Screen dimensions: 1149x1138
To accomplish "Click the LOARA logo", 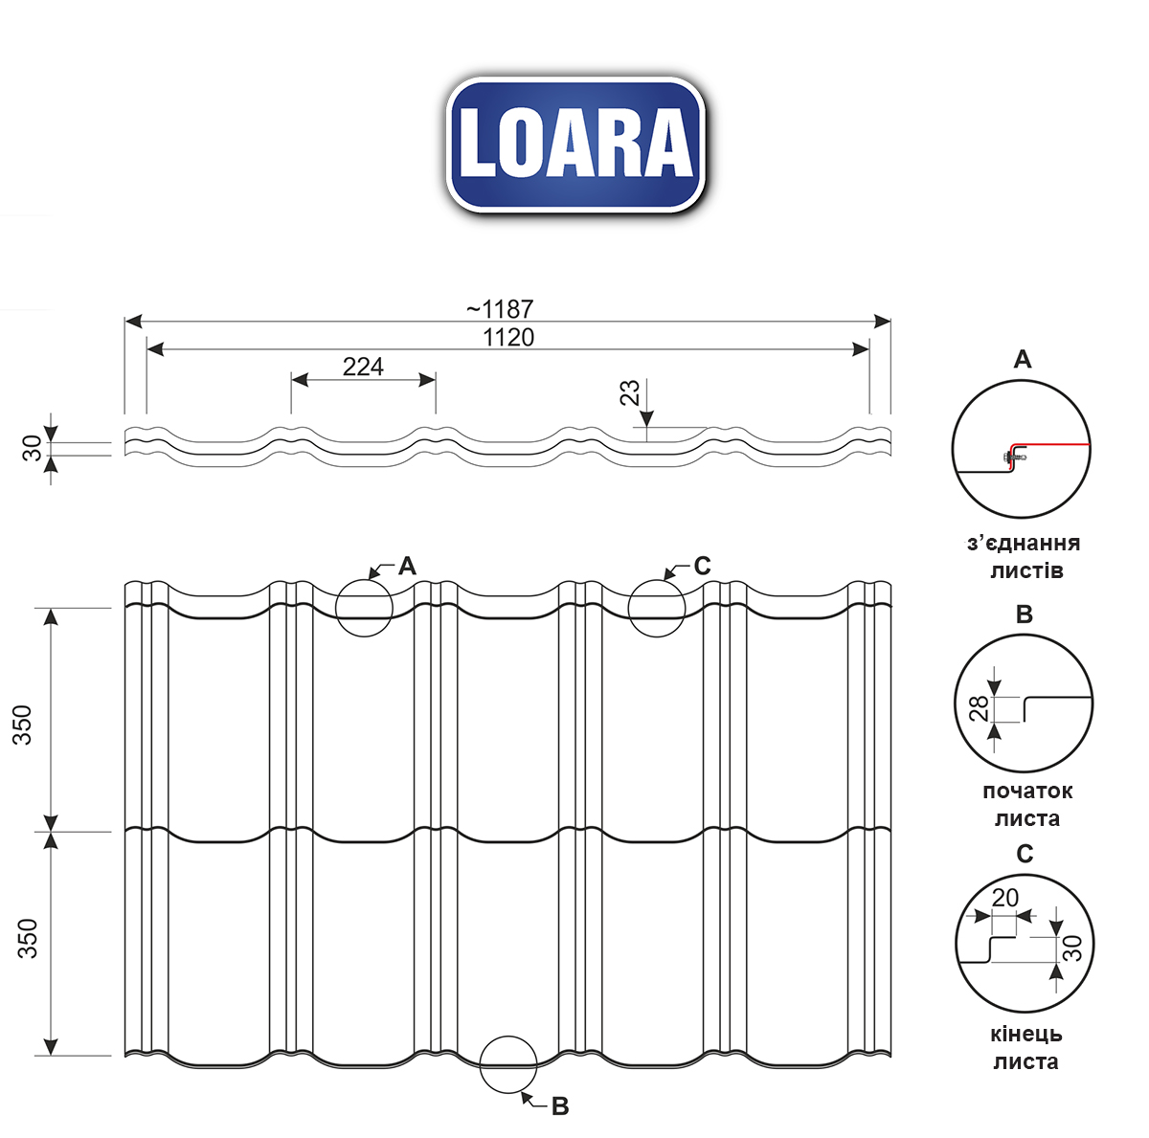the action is pyautogui.click(x=575, y=145).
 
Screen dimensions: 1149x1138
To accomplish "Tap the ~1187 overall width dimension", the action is pyautogui.click(x=500, y=309).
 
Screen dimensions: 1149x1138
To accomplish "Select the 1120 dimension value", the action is pyautogui.click(x=508, y=338).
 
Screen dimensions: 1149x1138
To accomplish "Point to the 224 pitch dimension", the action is pyautogui.click(x=363, y=367).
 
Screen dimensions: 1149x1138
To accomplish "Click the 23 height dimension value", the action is pyautogui.click(x=630, y=392).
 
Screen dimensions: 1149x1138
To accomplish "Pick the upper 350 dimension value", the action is pyautogui.click(x=22, y=725).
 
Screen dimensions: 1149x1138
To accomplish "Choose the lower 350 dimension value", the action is pyautogui.click(x=28, y=938).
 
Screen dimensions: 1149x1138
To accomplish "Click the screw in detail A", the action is pyautogui.click(x=1012, y=457).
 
